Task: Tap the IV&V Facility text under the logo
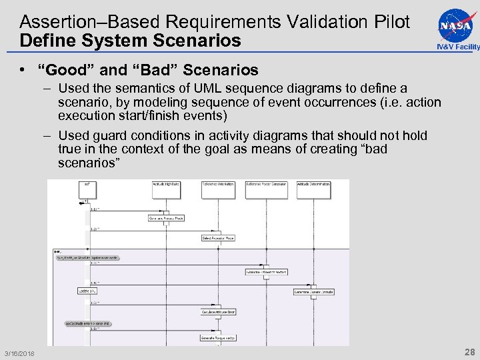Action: pos(457,47)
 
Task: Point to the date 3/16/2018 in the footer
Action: pos(19,353)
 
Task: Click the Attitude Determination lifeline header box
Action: pos(313,189)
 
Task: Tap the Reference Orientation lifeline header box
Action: pos(218,189)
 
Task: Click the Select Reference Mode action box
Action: pos(218,237)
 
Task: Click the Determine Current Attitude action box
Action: pos(313,291)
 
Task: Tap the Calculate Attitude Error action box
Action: pos(218,311)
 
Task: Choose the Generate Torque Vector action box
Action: pos(218,338)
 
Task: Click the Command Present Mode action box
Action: pos(166,217)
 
